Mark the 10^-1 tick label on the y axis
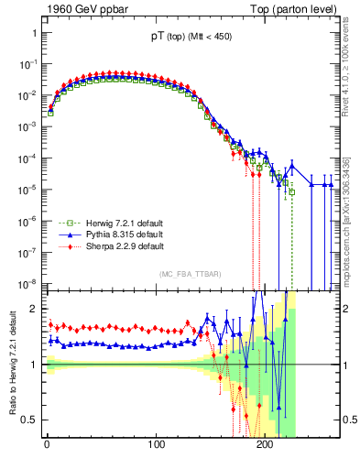(x=27, y=64)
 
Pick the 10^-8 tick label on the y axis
(x=27, y=282)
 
